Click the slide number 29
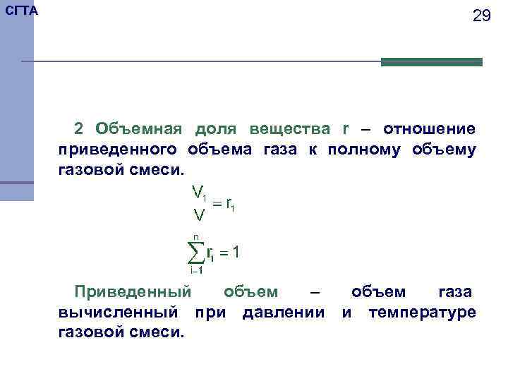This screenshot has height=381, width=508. click(x=481, y=16)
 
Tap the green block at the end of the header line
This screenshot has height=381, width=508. click(x=431, y=62)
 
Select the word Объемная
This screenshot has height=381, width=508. click(x=139, y=129)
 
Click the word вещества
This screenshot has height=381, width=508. click(x=289, y=129)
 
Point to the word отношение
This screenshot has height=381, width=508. click(x=429, y=129)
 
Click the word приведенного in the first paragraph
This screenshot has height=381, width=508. click(x=117, y=150)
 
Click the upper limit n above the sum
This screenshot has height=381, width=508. click(x=196, y=237)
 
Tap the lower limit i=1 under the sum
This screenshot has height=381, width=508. click(x=197, y=270)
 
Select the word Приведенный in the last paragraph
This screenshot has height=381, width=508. click(x=133, y=292)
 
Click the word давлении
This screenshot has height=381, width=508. click(x=283, y=312)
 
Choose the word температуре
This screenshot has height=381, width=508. click(x=422, y=312)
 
